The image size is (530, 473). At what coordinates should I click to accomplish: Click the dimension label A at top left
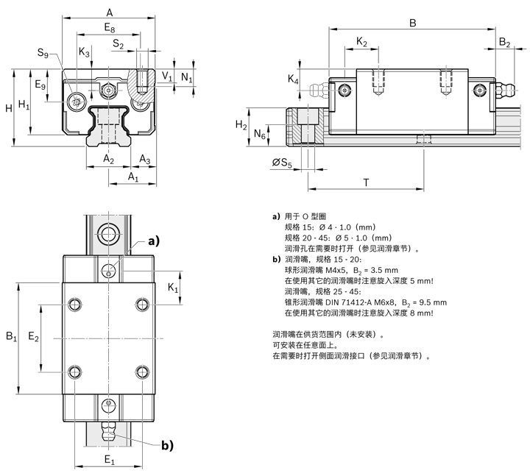coord(110,12)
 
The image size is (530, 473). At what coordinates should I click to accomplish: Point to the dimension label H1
coord(24,104)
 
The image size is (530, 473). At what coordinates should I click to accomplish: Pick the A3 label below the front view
coord(145,160)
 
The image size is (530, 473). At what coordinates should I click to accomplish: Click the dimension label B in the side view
coord(412,23)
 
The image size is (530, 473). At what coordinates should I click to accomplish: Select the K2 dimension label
coord(361,43)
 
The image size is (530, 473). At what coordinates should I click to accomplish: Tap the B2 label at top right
coord(504,43)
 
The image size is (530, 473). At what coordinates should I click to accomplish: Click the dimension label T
coord(366,182)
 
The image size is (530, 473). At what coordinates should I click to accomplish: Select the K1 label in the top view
coord(174,288)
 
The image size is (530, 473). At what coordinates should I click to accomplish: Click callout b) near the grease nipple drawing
coord(167,444)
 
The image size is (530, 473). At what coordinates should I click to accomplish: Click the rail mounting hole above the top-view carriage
coord(109,235)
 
